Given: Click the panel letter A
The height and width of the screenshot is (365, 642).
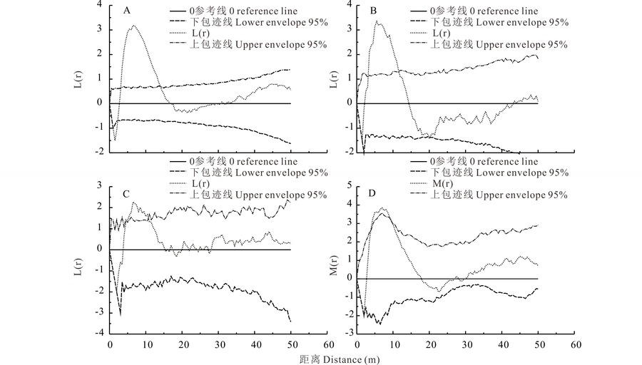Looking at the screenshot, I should point(126,11).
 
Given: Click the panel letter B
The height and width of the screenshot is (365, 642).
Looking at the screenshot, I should point(374,11).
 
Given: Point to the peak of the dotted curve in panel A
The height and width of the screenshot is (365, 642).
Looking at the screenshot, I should point(133,26).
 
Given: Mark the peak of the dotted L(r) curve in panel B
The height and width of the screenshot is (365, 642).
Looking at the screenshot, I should point(379,22).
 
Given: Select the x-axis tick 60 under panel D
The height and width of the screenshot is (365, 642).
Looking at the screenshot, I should point(574,344).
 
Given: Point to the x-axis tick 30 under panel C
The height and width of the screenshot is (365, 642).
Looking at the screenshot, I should point(219,344).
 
